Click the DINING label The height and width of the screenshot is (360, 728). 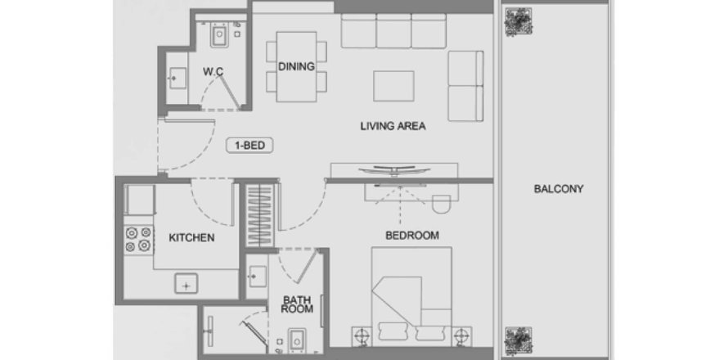pos(296,67)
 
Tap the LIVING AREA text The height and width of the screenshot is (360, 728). pos(393,127)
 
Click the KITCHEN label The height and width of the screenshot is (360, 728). pos(191,238)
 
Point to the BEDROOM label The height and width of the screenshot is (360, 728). pos(412,235)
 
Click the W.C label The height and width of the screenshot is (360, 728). pos(214,72)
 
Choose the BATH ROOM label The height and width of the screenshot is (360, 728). pos(297,305)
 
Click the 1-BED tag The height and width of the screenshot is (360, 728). pos(249,146)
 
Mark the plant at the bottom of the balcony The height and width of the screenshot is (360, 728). pos(518,338)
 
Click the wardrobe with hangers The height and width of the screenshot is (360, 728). pos(259,218)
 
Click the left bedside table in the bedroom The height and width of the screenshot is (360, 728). pos(362,334)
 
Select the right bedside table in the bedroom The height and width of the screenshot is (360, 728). pos(463,334)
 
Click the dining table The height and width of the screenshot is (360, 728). pos(296,67)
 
